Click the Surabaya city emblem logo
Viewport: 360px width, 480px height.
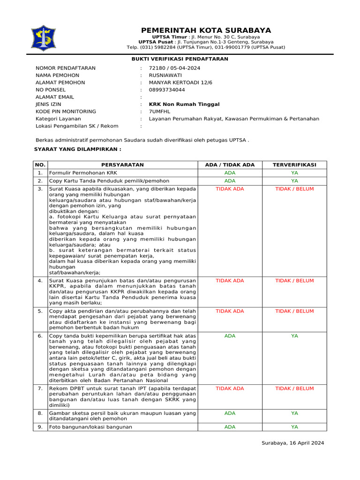pyautogui.click(x=43, y=38)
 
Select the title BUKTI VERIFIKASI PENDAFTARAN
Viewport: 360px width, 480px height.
pyautogui.click(x=180, y=59)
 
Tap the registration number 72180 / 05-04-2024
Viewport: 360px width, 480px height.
pyautogui.click(x=174, y=68)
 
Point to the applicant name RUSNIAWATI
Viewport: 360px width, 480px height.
pyautogui.click(x=165, y=75)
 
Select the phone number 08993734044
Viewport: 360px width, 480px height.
pyautogui.click(x=167, y=90)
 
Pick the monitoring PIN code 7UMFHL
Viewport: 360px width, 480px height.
pyautogui.click(x=160, y=112)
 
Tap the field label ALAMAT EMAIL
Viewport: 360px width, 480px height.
pyautogui.click(x=54, y=97)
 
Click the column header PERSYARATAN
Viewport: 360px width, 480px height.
pyautogui.click(x=122, y=165)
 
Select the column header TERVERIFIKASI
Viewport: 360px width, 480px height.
pyautogui.click(x=294, y=165)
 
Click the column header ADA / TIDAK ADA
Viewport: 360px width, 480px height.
pyautogui.click(x=230, y=165)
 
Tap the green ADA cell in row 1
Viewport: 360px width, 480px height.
pyautogui.click(x=230, y=173)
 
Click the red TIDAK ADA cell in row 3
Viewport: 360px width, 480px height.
pyautogui.click(x=230, y=189)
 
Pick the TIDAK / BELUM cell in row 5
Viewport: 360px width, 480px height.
pyautogui.click(x=294, y=311)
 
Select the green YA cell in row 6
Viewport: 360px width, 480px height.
pyautogui.click(x=294, y=336)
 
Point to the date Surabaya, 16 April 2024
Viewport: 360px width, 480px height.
pyautogui.click(x=292, y=443)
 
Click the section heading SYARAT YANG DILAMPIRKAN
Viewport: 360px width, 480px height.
pyautogui.click(x=78, y=149)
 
